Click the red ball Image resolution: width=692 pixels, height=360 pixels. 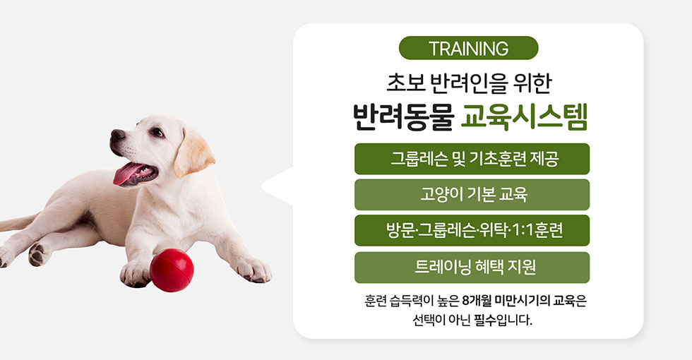[172, 270]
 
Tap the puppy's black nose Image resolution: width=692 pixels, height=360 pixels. [117, 135]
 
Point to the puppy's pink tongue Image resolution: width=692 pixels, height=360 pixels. [126, 172]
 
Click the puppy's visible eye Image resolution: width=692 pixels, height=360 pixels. [157, 132]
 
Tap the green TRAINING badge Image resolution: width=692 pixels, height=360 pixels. [468, 48]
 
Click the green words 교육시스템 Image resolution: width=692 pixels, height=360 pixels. [524, 117]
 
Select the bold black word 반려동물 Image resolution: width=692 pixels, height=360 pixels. [403, 117]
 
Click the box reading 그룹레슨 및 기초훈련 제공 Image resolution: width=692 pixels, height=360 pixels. [472, 159]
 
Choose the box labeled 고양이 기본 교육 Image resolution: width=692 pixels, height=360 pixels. [472, 195]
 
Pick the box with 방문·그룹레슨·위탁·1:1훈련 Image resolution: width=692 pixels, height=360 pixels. [472, 230]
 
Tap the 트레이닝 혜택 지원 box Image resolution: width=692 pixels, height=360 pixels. [472, 268]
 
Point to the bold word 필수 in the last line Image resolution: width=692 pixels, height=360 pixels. [485, 320]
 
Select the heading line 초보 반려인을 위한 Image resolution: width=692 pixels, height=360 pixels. [469, 83]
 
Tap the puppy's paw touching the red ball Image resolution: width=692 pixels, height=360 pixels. [135, 275]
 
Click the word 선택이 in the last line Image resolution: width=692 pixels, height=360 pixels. [428, 320]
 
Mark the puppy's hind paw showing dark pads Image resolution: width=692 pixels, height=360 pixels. [38, 255]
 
